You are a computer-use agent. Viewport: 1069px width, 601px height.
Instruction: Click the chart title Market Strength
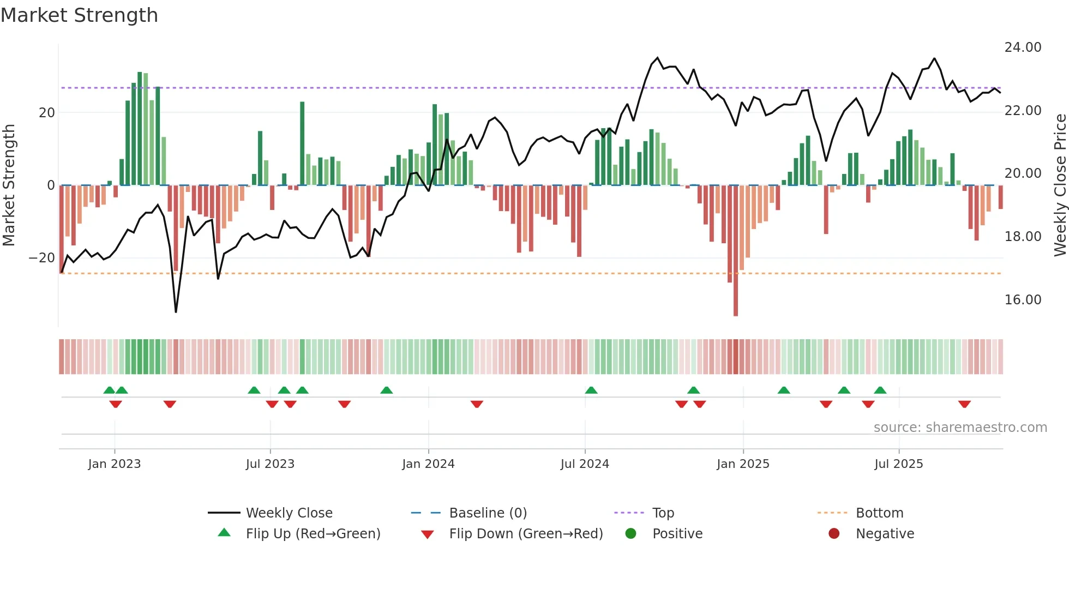79,15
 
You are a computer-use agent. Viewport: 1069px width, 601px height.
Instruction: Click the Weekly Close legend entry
289,513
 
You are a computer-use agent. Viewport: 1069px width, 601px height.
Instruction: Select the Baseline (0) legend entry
488,513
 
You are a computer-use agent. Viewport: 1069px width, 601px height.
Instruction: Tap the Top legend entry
663,513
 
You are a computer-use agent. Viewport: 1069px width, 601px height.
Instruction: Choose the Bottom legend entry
879,513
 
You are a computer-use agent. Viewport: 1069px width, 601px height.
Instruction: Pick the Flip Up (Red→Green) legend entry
313,534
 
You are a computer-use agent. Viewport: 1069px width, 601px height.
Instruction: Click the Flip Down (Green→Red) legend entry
526,534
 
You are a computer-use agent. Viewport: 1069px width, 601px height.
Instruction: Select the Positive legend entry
677,534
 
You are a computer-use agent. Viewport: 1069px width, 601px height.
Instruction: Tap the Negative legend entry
885,534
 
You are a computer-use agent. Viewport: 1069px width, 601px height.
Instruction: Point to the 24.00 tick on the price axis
1023,47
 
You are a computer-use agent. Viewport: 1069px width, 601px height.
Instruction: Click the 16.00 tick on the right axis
1023,300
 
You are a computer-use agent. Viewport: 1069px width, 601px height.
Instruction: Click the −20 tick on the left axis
42,258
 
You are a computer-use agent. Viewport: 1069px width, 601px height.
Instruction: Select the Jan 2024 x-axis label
428,464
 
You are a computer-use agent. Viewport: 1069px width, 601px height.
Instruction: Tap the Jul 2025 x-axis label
898,464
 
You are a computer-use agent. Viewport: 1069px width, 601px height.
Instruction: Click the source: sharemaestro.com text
960,428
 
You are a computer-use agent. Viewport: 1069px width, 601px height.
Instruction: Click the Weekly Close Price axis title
1060,185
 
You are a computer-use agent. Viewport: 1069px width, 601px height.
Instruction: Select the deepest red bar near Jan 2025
736,251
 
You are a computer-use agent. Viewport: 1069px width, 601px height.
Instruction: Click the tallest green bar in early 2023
140,128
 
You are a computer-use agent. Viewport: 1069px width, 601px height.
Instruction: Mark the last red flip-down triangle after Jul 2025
964,404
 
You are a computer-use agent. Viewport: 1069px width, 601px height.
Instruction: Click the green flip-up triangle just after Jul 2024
591,390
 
